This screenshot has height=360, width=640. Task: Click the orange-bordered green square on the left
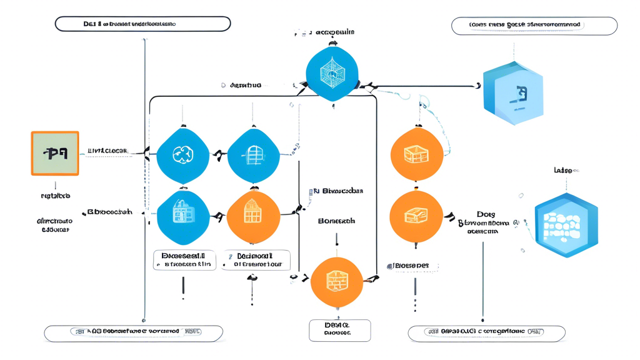55,153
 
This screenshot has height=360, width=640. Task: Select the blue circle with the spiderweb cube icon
332,74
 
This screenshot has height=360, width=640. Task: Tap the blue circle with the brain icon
182,156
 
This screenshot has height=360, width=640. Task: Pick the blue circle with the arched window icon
253,156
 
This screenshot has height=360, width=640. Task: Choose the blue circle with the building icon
182,217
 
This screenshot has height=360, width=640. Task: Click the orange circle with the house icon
253,217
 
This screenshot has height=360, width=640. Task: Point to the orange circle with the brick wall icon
337,282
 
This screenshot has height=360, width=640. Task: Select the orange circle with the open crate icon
417,154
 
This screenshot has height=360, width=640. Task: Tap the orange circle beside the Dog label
416,217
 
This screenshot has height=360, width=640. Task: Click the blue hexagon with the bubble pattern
566,226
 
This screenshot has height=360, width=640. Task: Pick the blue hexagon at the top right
513,93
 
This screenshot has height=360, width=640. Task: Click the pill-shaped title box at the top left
142,24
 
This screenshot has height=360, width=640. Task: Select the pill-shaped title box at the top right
534,26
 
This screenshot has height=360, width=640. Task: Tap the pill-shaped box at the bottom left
133,332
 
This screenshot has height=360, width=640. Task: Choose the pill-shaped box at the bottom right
486,332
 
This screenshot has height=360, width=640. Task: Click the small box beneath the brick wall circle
339,330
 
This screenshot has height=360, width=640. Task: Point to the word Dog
485,214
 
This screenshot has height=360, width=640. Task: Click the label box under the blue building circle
184,260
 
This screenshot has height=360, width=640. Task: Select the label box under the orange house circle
256,260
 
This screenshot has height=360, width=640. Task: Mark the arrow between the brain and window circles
218,154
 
